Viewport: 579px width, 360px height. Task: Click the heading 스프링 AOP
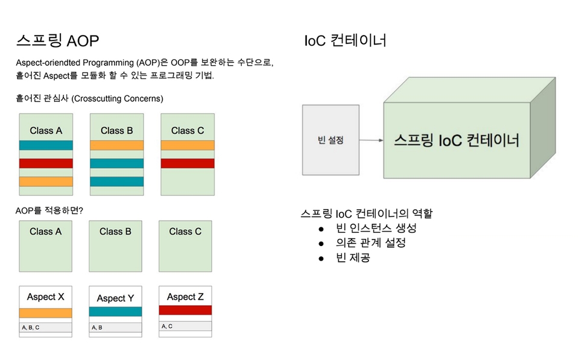tap(58, 40)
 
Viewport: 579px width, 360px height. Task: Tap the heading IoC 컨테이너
tap(345, 40)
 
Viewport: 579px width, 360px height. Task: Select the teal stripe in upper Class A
tap(46, 145)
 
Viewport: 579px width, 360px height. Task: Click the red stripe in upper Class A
tap(46, 163)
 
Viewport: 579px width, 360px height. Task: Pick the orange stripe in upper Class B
tap(116, 145)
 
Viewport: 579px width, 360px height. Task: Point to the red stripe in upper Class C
tap(188, 163)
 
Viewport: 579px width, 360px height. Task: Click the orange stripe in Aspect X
tap(45, 313)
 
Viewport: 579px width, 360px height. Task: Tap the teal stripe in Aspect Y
tap(115, 312)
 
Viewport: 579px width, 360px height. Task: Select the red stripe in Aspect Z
tap(185, 310)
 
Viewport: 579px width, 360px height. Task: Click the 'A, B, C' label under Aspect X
tap(31, 327)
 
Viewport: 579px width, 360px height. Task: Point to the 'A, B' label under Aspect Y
tap(97, 327)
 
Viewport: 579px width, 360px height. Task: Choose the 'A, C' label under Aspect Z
tap(167, 326)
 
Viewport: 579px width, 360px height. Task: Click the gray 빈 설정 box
tap(331, 140)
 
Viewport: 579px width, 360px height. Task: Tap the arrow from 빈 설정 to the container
tap(372, 141)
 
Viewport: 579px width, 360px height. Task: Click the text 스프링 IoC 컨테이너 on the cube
tap(457, 141)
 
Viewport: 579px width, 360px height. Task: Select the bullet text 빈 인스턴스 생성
tap(376, 228)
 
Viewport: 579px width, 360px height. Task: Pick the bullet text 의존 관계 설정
tap(371, 242)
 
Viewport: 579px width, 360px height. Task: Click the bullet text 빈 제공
tap(353, 257)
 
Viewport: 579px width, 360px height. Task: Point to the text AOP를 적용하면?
tap(49, 210)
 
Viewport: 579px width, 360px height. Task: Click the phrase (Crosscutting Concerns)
tap(118, 98)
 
